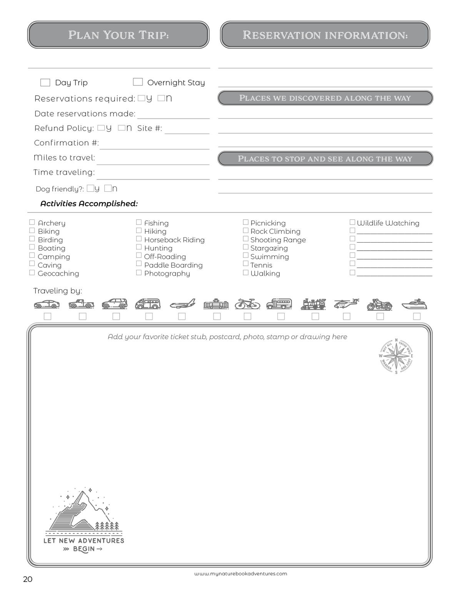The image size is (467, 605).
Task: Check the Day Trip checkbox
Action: tap(45, 82)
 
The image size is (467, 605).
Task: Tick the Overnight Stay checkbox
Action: tap(138, 82)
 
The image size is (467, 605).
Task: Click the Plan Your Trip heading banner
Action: tap(118, 35)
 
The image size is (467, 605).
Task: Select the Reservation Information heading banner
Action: tap(325, 35)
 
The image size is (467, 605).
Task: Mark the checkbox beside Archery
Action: tap(32, 222)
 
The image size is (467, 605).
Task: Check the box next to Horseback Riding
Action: tap(139, 239)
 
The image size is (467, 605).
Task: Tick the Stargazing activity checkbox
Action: tap(245, 247)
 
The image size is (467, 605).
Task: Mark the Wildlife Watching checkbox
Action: tap(352, 222)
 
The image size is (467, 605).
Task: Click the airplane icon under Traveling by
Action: tap(182, 304)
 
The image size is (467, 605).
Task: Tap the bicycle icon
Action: tap(247, 304)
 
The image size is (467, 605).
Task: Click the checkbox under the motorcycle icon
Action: tap(380, 316)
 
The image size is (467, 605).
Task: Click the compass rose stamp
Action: tap(396, 356)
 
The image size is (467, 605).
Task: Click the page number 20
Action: tap(28, 579)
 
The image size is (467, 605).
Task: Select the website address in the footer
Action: tap(240, 573)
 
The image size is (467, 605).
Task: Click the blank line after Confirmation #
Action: tap(154, 145)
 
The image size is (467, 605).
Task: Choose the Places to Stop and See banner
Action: tap(325, 159)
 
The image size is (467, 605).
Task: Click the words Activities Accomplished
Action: tap(89, 203)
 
